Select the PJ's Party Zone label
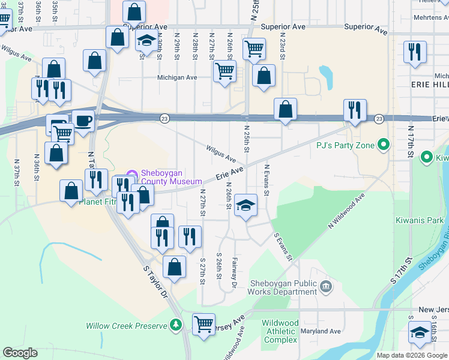point(345,145)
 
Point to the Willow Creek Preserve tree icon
point(175,325)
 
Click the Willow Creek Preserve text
point(125,326)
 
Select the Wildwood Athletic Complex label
point(280,331)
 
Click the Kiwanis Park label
point(419,220)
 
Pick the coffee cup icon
point(83,121)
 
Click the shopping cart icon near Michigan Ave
point(224,71)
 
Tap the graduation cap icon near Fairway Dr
point(246,205)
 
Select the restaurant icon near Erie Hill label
point(415,52)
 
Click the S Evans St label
point(282,248)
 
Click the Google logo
point(20,353)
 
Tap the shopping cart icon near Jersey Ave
point(203,325)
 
